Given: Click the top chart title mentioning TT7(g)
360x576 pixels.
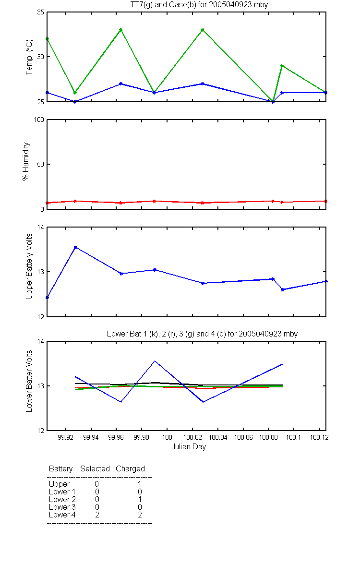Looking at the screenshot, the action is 199,5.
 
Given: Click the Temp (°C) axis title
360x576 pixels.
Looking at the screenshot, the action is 29,57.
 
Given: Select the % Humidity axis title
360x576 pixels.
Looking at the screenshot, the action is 26,161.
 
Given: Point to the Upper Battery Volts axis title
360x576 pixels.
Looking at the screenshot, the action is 29,266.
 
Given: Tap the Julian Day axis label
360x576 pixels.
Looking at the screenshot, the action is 189,447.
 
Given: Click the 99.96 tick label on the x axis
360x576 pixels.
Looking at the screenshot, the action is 116,437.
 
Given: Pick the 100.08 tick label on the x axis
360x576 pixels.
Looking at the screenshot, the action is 268,437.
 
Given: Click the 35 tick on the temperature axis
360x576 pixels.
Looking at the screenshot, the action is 41,12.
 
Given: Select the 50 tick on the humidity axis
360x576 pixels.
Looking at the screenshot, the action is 41,164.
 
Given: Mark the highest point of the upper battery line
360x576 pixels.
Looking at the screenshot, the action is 76,247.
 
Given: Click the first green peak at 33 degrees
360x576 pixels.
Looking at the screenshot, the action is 121,30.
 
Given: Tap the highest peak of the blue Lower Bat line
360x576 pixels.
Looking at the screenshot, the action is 155,361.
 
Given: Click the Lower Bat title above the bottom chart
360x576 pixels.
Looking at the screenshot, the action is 203,334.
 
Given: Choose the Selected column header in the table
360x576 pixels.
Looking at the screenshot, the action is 95,468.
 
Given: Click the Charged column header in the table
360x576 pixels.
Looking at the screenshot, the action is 131,469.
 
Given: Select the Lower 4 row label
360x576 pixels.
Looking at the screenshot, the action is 62,515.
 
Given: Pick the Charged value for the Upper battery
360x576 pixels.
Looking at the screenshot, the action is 140,484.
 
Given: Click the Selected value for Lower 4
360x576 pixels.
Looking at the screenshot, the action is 97,515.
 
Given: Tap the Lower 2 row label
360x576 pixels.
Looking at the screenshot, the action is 62,499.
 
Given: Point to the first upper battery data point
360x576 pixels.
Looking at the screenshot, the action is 48,298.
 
